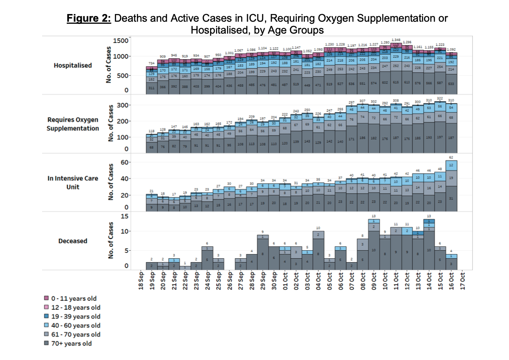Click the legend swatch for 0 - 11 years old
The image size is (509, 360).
(47, 298)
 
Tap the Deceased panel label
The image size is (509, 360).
(73, 241)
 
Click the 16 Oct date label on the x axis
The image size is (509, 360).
(452, 281)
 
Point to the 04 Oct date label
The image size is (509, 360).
(319, 281)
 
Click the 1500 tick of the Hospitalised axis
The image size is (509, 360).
(121, 40)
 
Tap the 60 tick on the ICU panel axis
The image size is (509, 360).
(124, 163)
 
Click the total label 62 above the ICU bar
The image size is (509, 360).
(452, 158)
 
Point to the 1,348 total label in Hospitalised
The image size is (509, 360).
(396, 40)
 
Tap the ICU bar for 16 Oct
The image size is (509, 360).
(452, 187)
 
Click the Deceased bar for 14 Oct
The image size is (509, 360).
(429, 245)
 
